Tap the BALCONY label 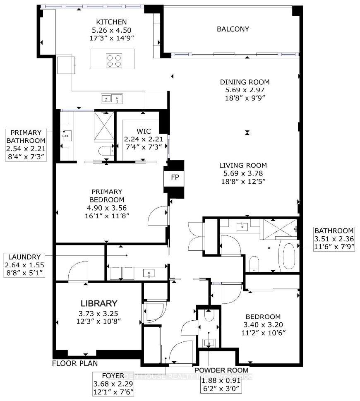click(x=233, y=29)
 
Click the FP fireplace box click(x=173, y=177)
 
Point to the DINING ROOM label click(x=245, y=82)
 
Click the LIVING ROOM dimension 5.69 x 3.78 click(x=242, y=173)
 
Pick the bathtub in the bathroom click(x=288, y=257)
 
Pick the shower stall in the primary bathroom click(x=102, y=122)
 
